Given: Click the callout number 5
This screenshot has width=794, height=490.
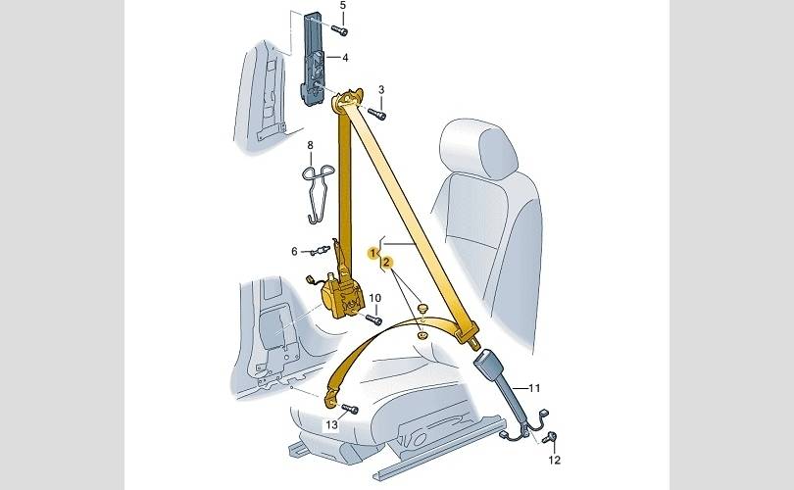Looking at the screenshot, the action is click(x=343, y=6).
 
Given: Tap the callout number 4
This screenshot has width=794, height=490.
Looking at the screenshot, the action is click(x=345, y=58).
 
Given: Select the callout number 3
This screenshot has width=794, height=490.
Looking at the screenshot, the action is click(x=381, y=89).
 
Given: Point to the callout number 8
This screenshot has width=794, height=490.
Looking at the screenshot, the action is click(x=311, y=145).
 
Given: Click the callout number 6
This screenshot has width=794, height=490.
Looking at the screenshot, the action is click(x=294, y=251).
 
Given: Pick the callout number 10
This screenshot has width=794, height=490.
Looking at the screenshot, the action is click(x=374, y=298).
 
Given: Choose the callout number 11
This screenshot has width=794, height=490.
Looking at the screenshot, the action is click(x=534, y=388).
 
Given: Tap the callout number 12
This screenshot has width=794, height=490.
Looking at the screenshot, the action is click(x=555, y=460).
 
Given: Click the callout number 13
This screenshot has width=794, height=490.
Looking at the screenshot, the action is click(x=331, y=424).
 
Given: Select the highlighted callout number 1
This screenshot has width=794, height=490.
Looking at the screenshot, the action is click(x=373, y=253).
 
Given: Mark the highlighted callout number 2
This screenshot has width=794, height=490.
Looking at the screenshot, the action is click(x=387, y=263).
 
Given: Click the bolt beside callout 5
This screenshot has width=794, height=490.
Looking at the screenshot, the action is click(x=340, y=30).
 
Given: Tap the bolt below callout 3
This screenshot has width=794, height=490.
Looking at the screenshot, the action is click(x=377, y=114).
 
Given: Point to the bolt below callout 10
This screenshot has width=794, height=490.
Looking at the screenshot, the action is click(x=373, y=319).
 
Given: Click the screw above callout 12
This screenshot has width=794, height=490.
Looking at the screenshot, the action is click(x=549, y=438).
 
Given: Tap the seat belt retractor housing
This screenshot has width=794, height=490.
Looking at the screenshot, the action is click(x=343, y=299).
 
